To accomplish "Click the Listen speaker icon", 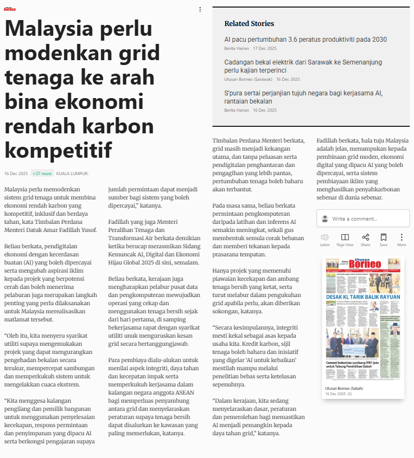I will (x=324, y=237).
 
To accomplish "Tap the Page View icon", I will (x=345, y=237).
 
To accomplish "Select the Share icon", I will (x=365, y=237).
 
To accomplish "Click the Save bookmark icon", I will (x=384, y=237).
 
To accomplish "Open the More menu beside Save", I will (x=402, y=237).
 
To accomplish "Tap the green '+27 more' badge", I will (x=42, y=173).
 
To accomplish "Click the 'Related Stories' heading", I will (x=249, y=23).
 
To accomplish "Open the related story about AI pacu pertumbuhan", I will (x=305, y=40).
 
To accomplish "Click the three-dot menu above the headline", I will (x=200, y=9).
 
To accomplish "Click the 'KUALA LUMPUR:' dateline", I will (x=72, y=173).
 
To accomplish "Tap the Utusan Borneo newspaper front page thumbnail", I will (x=363, y=319).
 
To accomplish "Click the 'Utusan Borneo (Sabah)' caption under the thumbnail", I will (x=344, y=389).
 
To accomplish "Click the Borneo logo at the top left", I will (x=10, y=9).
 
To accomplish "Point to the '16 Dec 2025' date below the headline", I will (x=16, y=173).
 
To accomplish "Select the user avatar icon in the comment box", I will (x=325, y=218).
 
